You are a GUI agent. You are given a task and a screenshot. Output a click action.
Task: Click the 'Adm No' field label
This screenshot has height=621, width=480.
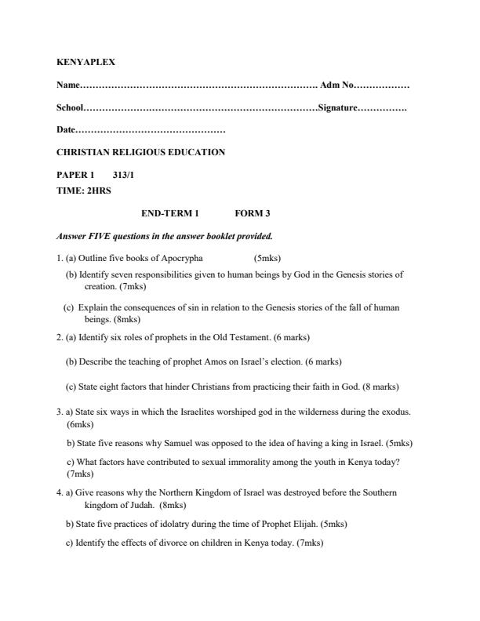point(337,85)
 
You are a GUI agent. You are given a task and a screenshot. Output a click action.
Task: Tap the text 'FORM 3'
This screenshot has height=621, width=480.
point(253,213)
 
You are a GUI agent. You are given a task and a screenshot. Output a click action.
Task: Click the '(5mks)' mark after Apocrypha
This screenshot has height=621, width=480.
point(267,259)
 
